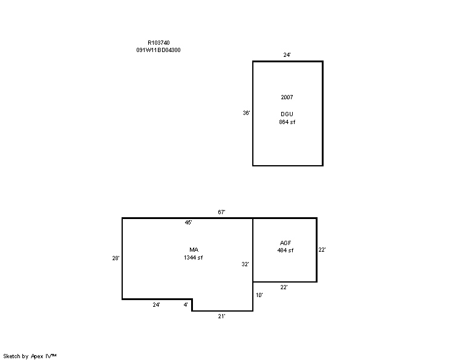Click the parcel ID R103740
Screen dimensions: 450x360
pos(158,43)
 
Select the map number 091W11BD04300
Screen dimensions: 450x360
pos(158,50)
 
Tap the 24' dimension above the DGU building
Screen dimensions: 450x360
pos(287,55)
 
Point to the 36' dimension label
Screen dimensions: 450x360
pos(246,113)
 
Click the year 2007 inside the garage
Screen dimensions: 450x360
pos(287,97)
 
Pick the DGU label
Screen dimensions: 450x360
pos(287,114)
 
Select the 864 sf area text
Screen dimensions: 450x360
pos(287,122)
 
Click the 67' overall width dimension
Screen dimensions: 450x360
pos(221,212)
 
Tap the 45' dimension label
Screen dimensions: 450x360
pos(188,223)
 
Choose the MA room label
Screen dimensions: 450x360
pos(194,250)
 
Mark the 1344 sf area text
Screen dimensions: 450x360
pos(193,258)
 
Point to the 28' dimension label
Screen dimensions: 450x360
pos(116,258)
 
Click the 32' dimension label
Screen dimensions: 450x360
pos(245,264)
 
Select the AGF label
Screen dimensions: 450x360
pos(285,243)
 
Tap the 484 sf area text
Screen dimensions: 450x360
pos(285,250)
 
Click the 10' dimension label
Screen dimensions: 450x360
pos(259,295)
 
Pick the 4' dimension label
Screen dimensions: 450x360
pos(186,305)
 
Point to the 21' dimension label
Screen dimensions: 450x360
pos(221,316)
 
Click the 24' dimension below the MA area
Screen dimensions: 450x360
pos(156,305)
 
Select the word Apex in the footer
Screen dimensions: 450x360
pos(37,356)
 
